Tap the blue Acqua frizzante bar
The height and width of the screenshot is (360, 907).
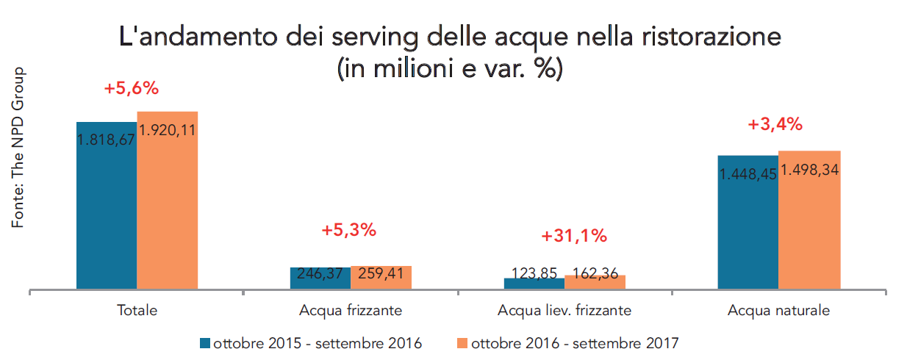tap(320, 279)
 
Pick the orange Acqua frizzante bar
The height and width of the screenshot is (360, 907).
tap(381, 278)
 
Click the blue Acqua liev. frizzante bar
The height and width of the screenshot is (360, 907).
tap(534, 284)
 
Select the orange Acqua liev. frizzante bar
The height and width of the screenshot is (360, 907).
tap(595, 283)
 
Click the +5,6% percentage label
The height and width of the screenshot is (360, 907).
tap(132, 89)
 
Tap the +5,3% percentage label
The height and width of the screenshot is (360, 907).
tap(348, 230)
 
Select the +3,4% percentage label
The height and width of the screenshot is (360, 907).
tap(775, 125)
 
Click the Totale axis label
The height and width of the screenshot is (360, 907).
tap(137, 311)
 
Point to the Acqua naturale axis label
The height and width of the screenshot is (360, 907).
tap(779, 311)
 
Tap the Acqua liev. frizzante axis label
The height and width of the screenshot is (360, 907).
tap(564, 311)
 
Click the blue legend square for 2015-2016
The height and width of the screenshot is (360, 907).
tap(205, 343)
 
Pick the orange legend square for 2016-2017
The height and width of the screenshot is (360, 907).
tap(463, 343)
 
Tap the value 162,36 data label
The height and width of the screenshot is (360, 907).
tap(595, 273)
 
